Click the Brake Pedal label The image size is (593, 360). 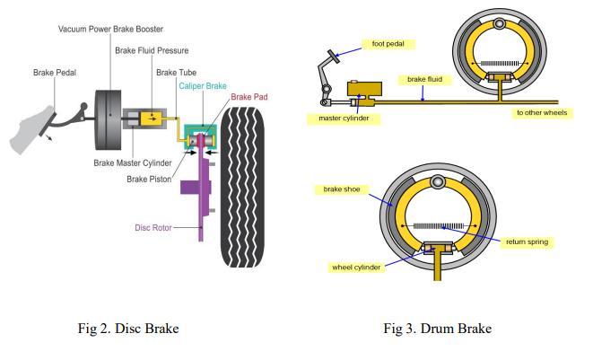(x=55, y=73)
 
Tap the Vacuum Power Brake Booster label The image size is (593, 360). (x=111, y=29)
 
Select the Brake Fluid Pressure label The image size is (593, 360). (x=152, y=50)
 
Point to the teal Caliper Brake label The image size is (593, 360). (x=203, y=86)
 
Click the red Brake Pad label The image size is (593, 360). (x=249, y=97)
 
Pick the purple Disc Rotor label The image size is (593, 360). (x=153, y=227)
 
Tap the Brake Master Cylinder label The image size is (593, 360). (x=133, y=163)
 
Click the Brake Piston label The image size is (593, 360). (x=149, y=179)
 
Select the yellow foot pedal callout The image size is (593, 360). (x=388, y=44)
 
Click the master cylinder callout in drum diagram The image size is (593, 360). (x=344, y=119)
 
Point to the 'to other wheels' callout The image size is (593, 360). (x=542, y=113)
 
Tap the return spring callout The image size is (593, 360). (x=527, y=241)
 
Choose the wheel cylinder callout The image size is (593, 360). (x=356, y=268)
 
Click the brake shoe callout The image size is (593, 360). (x=342, y=189)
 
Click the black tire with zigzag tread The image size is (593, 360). (x=242, y=188)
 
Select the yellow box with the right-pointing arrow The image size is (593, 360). (x=152, y=119)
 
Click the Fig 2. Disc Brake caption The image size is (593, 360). (x=128, y=329)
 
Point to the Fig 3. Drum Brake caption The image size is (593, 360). (x=438, y=329)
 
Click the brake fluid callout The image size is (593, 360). (x=424, y=80)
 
